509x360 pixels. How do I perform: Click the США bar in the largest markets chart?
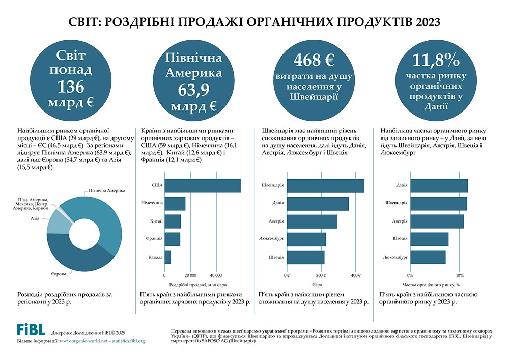click(203, 186)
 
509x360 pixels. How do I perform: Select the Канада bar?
click(168, 257)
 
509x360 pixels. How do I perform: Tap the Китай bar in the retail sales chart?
click(173, 221)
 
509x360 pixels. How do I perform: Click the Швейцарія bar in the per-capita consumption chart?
click(326, 186)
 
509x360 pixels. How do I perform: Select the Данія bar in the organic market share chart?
click(439, 186)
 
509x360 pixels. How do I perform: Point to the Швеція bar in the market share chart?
click(430, 239)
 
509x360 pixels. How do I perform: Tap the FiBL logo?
click(31, 329)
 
